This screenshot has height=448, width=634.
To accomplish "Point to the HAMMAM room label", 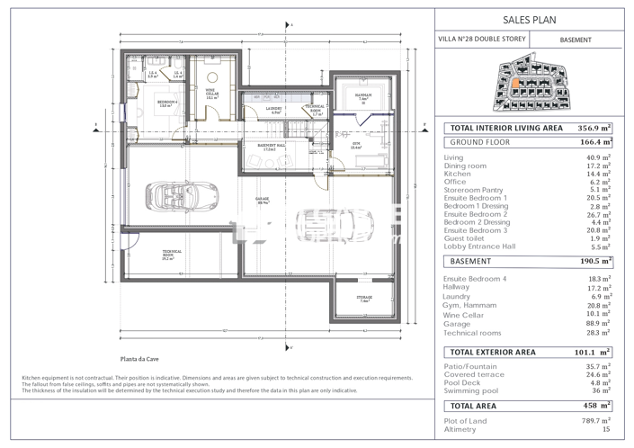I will [x=363, y=96].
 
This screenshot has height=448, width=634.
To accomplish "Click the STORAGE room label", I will [x=363, y=300].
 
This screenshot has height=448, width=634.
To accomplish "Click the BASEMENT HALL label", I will [x=272, y=146].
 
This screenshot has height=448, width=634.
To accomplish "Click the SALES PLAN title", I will [x=534, y=18].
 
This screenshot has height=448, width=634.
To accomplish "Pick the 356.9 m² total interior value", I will [x=594, y=129].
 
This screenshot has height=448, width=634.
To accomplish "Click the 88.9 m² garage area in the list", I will [x=597, y=323].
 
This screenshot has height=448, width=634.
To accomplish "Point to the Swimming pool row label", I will [x=470, y=391].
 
